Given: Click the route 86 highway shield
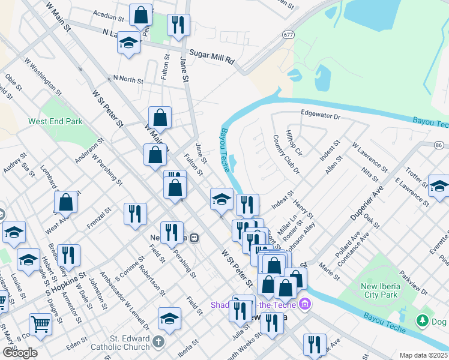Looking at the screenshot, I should [439, 145].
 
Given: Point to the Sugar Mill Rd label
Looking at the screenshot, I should [212, 53].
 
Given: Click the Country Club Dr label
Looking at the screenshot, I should [286, 154].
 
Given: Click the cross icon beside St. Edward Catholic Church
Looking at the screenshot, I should [158, 341].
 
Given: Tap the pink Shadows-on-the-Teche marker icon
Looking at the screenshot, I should [304, 305].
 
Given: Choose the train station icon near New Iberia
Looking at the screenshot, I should [194, 238].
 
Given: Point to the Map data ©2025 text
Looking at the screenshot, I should [423, 355].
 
